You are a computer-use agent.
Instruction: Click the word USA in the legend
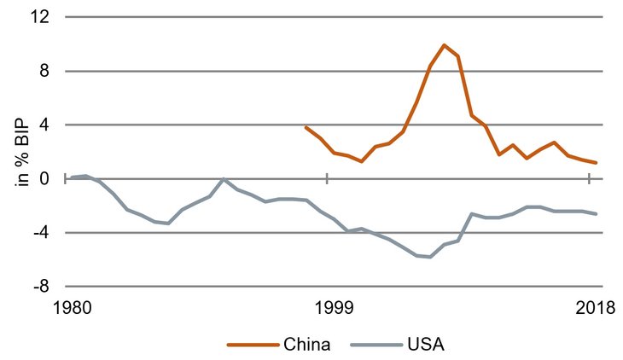tap(427, 345)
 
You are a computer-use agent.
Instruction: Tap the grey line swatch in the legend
tap(378, 345)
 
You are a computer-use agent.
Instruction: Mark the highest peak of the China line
tap(445, 44)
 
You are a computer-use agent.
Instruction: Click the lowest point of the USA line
tap(431, 257)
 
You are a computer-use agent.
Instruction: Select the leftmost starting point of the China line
tap(306, 127)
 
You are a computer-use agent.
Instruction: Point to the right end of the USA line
tap(597, 213)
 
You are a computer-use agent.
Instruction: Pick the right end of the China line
tap(597, 163)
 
